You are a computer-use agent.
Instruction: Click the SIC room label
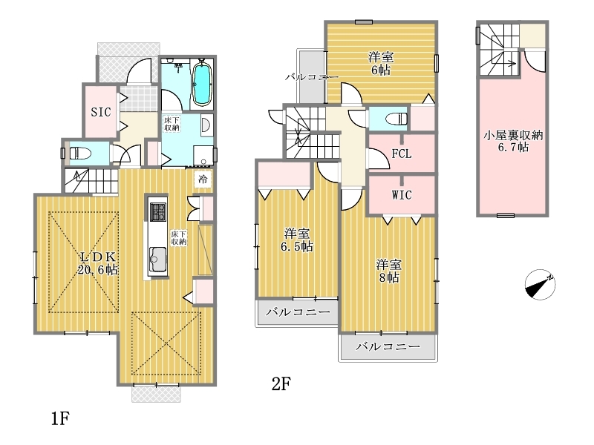[x=101, y=112]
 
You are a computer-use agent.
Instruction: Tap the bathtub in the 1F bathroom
[x=202, y=84]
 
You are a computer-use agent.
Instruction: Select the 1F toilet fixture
[x=81, y=154]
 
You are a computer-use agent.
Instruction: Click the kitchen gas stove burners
[x=157, y=212]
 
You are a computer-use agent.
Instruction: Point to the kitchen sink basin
[x=157, y=259]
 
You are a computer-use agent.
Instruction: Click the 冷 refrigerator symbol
[x=203, y=179]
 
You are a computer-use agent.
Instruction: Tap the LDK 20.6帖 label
[x=98, y=263]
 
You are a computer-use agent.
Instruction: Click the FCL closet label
[x=402, y=154]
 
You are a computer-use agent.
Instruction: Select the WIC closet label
[x=402, y=195]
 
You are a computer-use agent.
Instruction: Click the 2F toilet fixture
[x=396, y=119]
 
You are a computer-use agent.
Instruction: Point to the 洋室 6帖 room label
[x=381, y=64]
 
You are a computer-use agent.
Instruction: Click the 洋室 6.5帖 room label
[x=297, y=240]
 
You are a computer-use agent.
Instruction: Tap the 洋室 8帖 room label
[x=389, y=271]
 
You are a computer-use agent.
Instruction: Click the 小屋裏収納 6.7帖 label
[x=513, y=141]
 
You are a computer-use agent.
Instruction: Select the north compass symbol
[x=541, y=285]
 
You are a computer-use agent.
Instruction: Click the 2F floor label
[x=281, y=384]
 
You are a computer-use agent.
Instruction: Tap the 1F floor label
[x=60, y=418]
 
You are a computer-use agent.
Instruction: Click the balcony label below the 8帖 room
[x=388, y=346]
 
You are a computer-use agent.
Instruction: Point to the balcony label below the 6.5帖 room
[x=298, y=312]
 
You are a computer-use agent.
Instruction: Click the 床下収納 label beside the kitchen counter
[x=179, y=237]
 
